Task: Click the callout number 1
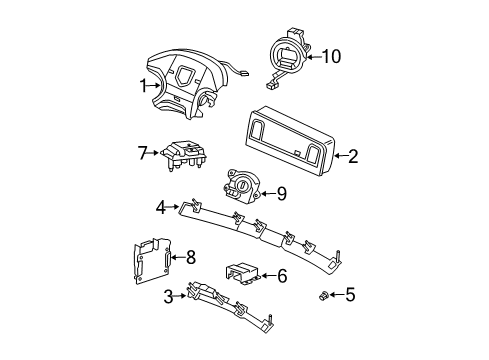click(143, 85)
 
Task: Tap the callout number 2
click(352, 155)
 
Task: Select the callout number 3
click(167, 296)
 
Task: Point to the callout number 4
click(159, 208)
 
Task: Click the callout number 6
click(282, 274)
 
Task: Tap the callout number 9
click(281, 193)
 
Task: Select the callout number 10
click(330, 57)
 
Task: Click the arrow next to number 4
click(173, 208)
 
